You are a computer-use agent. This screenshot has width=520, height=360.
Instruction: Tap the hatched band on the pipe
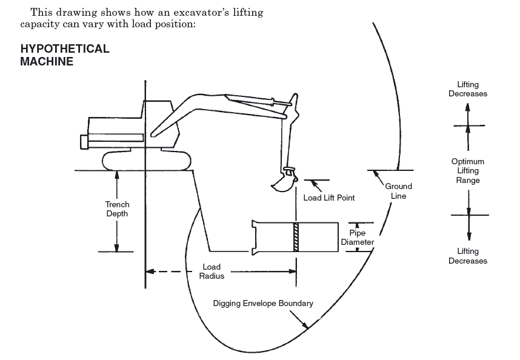(x=296, y=237)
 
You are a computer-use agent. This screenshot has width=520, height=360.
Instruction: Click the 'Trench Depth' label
(x=117, y=209)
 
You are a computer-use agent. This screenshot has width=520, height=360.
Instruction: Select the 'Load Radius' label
(x=212, y=272)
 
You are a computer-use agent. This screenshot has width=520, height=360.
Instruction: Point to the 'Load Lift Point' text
(x=329, y=198)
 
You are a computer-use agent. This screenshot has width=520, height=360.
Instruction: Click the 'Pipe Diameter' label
(x=357, y=238)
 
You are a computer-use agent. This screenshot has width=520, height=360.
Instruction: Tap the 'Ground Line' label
(x=398, y=191)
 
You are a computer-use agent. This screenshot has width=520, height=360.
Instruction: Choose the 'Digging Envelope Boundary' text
(x=263, y=303)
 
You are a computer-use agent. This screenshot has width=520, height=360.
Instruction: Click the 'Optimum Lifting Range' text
(x=468, y=171)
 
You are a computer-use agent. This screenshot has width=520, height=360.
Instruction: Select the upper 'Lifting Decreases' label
(x=468, y=89)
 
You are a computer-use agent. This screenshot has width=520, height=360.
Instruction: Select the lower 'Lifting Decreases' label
(x=468, y=256)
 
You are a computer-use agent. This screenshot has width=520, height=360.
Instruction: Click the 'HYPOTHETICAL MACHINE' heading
(x=65, y=55)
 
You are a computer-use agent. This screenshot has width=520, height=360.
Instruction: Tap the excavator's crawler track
(x=147, y=161)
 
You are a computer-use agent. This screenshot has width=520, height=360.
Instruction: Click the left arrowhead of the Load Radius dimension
(x=150, y=272)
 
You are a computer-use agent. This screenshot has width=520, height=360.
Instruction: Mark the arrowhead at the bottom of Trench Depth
(x=116, y=248)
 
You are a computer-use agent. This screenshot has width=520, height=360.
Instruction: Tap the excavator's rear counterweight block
(x=84, y=142)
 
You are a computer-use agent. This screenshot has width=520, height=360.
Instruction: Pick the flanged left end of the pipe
(x=255, y=238)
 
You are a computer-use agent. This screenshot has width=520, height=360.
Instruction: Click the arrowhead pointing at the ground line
(x=376, y=173)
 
